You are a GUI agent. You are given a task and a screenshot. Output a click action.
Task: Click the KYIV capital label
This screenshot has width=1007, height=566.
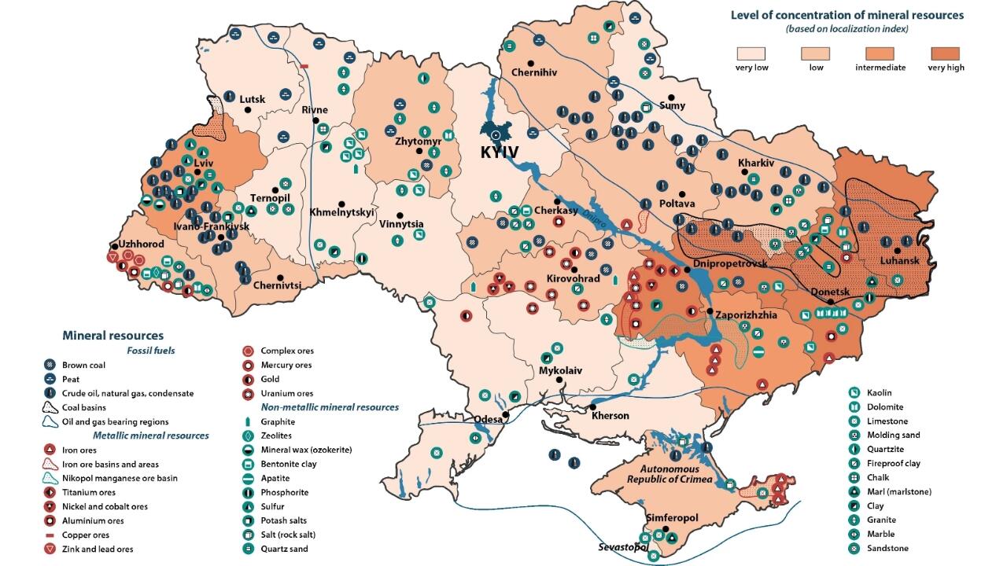click(500, 153)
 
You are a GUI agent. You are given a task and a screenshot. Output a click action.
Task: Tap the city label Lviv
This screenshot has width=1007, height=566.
click(204, 163)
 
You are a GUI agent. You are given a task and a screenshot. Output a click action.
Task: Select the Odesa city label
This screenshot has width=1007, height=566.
click(487, 419)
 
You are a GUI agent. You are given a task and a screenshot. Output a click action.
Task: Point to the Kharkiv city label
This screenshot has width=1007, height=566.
click(756, 163)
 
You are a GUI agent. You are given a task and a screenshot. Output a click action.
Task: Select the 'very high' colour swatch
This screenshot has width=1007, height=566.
click(946, 53)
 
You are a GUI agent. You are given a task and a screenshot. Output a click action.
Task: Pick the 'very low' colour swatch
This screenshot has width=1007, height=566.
click(751, 53)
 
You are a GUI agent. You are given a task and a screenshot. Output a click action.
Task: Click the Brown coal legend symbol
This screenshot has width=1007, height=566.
click(50, 365)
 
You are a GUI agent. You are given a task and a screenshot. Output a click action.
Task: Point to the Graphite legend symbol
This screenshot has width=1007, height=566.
click(248, 421)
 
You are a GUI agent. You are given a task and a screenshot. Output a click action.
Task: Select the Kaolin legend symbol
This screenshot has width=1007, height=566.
click(853, 392)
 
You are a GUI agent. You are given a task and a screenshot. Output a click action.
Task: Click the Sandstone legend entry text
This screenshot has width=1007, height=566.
click(887, 548)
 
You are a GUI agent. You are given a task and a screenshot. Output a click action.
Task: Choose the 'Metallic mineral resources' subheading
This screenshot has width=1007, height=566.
click(151, 435)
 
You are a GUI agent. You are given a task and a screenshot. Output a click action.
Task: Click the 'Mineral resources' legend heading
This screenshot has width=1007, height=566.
click(113, 336)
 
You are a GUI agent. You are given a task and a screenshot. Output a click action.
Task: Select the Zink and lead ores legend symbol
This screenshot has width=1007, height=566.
click(50, 549)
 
